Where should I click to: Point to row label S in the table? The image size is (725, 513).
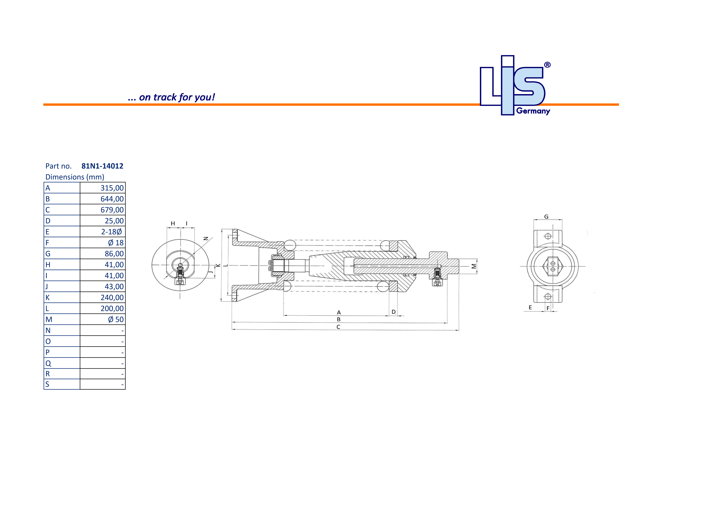pyautogui.click(x=47, y=384)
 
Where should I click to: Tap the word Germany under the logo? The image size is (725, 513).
pyautogui.click(x=533, y=111)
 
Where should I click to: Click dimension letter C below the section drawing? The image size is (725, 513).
pyautogui.click(x=338, y=327)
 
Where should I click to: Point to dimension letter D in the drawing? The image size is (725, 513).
pyautogui.click(x=393, y=312)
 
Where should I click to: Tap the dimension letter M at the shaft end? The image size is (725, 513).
pyautogui.click(x=474, y=266)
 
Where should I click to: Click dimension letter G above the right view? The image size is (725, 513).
pyautogui.click(x=546, y=217)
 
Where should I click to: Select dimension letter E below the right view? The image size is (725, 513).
pyautogui.click(x=530, y=308)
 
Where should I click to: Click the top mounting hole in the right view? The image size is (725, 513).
pyautogui.click(x=548, y=236)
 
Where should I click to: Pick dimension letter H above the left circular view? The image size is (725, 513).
pyautogui.click(x=173, y=223)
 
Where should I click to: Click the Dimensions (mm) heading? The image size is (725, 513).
pyautogui.click(x=75, y=177)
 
